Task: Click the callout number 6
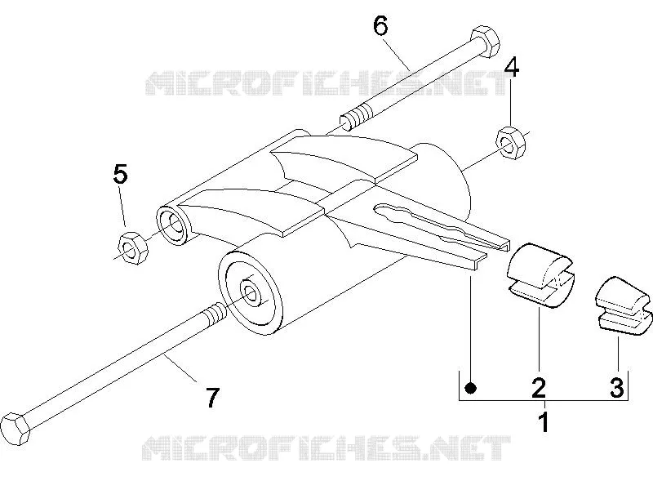click(380, 26)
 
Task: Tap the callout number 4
click(512, 67)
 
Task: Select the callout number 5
click(120, 174)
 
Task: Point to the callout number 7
click(212, 398)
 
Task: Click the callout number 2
click(538, 387)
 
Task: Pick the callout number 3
click(617, 387)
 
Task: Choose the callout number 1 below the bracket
click(544, 421)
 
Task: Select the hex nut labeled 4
click(511, 142)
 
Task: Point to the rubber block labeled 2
click(540, 275)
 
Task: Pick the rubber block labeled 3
click(622, 305)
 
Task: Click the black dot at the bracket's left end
click(471, 389)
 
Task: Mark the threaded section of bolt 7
click(215, 314)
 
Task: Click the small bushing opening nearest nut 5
click(173, 225)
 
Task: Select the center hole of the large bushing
click(251, 294)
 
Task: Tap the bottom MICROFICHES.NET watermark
click(326, 448)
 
